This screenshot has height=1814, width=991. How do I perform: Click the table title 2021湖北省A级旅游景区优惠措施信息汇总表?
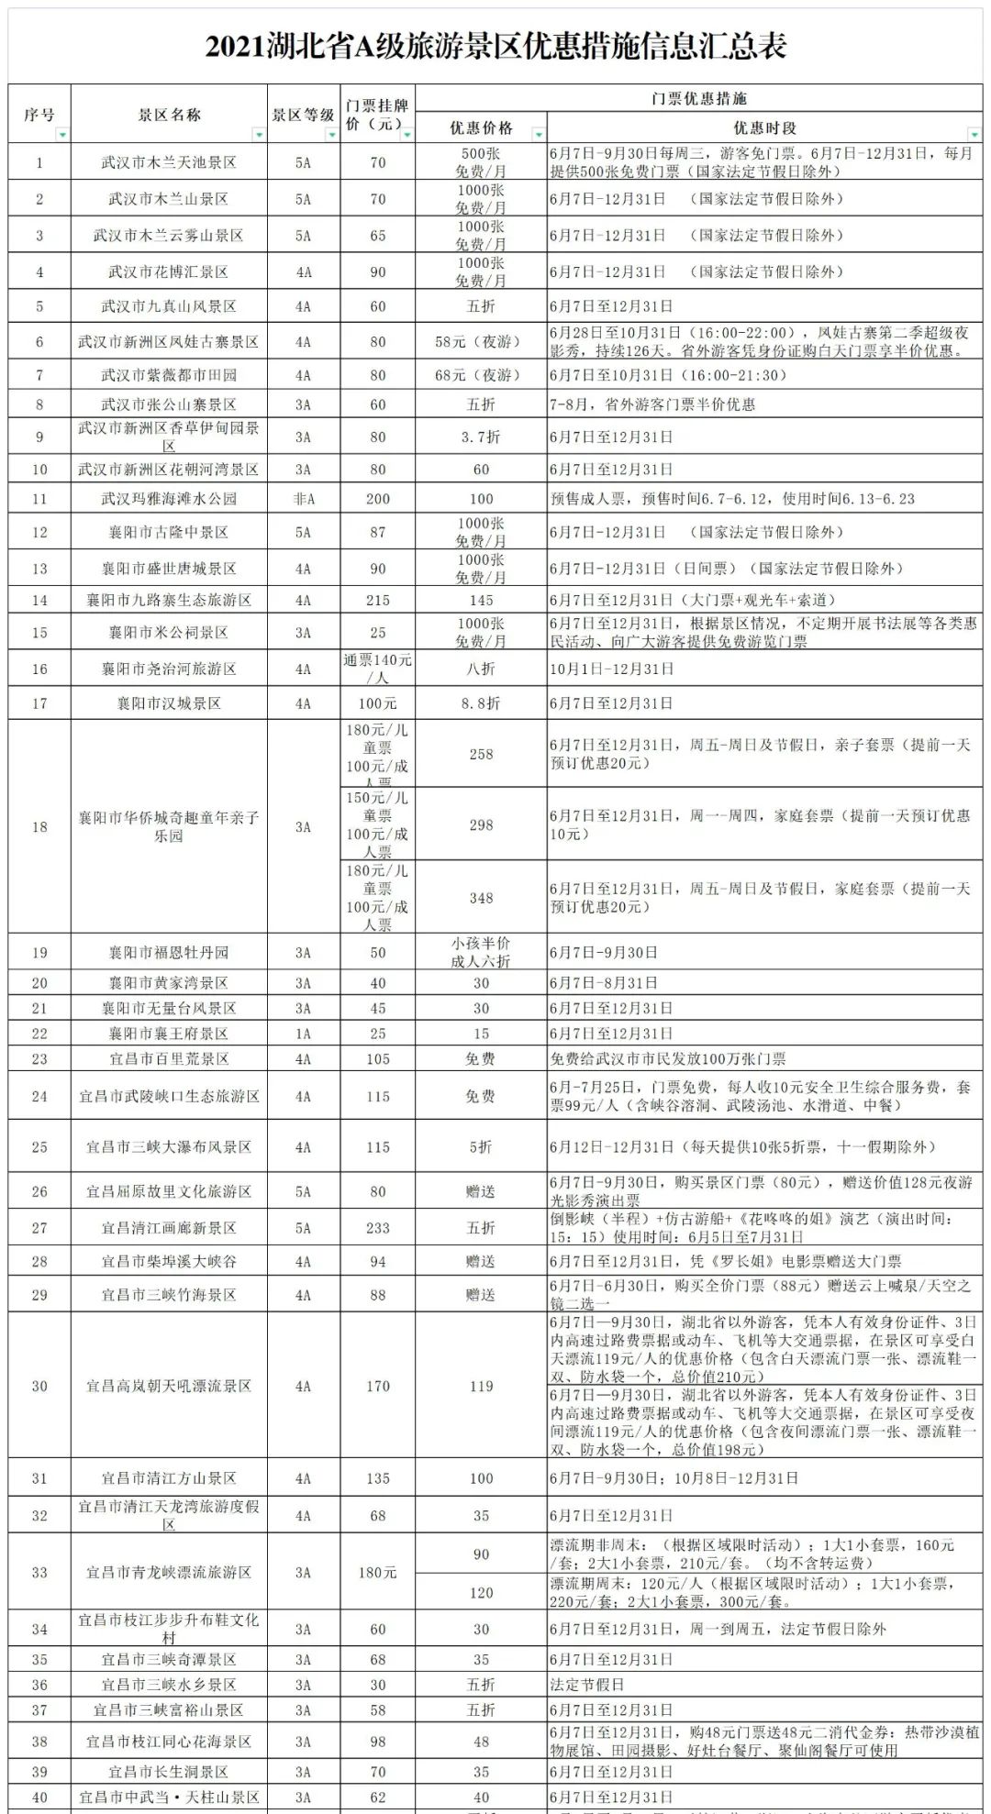495,47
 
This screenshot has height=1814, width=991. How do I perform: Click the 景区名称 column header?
169,115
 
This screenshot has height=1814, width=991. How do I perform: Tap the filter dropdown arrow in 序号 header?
61,135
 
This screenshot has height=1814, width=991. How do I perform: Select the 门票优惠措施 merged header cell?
698,98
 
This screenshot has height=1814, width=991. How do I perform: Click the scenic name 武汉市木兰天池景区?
169,162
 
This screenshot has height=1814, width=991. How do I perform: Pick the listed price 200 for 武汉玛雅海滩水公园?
378,499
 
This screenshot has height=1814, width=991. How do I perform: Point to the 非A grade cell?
303,499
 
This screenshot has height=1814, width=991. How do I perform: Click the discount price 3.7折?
481,437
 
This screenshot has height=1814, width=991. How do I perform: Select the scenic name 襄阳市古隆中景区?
169,532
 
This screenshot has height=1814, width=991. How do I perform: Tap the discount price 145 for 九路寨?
481,600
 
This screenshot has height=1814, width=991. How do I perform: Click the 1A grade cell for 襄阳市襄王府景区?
303,1034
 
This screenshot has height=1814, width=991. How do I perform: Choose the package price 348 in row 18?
481,898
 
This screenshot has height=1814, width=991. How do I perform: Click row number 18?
39,826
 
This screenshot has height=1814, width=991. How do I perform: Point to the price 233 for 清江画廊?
378,1228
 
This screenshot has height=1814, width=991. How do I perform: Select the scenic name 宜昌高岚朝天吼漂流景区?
169,1386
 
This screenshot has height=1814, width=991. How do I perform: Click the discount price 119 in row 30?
481,1386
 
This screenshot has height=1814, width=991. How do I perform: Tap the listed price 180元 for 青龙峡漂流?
378,1572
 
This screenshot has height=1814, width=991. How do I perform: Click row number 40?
39,1797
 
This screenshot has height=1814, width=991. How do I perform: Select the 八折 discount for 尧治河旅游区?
481,669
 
